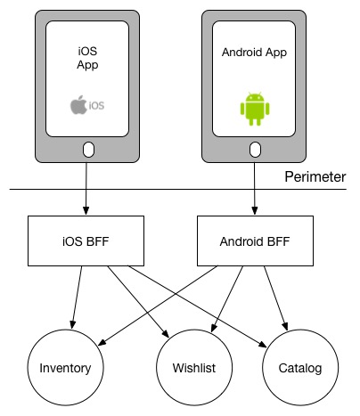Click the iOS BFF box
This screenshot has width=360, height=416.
click(x=86, y=241)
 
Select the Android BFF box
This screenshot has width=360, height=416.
click(x=255, y=241)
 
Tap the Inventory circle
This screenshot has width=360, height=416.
click(x=65, y=368)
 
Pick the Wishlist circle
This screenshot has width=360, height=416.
click(x=194, y=368)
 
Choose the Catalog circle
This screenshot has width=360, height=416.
click(x=300, y=368)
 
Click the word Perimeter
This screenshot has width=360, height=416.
click(x=315, y=176)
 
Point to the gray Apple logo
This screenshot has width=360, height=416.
click(x=78, y=104)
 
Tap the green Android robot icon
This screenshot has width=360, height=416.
click(x=255, y=109)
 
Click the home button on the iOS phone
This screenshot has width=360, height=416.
click(x=88, y=150)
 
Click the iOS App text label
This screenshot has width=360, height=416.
click(x=87, y=58)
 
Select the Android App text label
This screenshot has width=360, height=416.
click(x=254, y=53)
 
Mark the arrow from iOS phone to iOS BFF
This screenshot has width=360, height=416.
click(x=86, y=189)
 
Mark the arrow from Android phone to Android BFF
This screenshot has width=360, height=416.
click(x=255, y=189)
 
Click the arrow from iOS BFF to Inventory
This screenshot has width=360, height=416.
click(x=77, y=298)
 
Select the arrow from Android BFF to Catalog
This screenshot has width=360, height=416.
click(x=276, y=298)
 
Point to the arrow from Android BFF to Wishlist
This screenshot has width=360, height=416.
click(x=227, y=299)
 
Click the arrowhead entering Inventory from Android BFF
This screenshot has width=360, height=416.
click(x=102, y=342)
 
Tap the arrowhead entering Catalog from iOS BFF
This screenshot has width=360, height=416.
click(x=263, y=344)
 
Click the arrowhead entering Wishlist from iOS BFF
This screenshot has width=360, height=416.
click(x=166, y=334)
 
